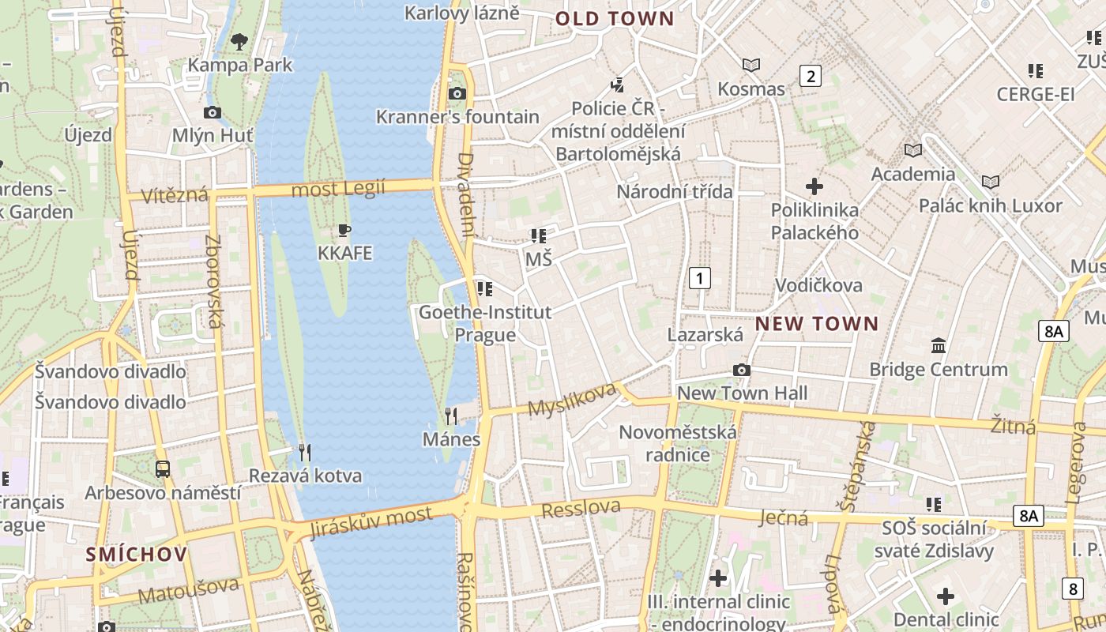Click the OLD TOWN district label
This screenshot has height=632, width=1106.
tap(615, 19)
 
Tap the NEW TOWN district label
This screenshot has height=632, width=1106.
tap(817, 323)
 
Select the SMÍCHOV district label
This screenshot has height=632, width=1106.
tap(137, 554)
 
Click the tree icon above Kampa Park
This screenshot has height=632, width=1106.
tap(239, 41)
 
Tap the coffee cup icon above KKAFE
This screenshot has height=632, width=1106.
tap(344, 231)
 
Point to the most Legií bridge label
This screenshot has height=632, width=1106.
tap(338, 189)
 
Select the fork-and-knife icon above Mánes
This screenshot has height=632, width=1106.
tap(451, 416)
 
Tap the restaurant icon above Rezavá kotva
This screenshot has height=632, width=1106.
tap(305, 452)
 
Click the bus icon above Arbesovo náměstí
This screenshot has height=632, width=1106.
tap(162, 469)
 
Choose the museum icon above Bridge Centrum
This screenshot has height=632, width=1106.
tap(939, 345)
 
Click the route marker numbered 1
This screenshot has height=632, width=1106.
tap(699, 278)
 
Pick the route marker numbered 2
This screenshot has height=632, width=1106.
tap(810, 76)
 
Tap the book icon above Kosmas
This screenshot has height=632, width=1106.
tap(750, 65)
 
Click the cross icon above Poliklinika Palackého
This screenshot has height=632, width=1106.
tap(814, 186)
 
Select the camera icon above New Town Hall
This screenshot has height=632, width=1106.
tap(741, 370)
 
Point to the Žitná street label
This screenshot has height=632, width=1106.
tap(1013, 427)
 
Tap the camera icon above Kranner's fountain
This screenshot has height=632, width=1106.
tap(457, 93)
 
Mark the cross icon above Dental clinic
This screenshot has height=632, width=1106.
tap(946, 596)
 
